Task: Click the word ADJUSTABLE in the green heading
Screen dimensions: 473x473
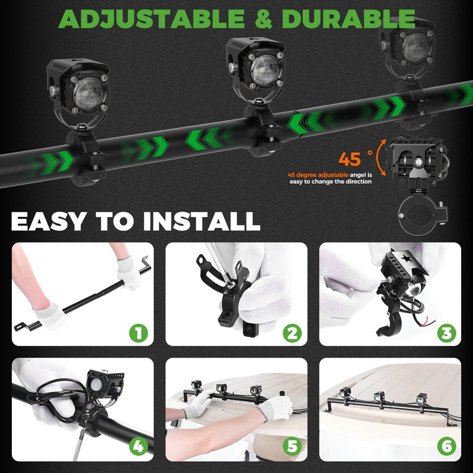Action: point(151,19)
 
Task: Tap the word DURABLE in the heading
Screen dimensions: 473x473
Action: point(348,19)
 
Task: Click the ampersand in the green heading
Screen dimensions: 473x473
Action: point(263,19)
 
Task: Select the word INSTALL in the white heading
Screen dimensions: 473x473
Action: point(202,221)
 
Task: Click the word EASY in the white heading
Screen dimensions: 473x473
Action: point(49,221)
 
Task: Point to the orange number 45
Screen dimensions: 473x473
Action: point(349,159)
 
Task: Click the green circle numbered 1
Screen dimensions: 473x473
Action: point(138,333)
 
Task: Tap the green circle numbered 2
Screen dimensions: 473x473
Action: point(292,333)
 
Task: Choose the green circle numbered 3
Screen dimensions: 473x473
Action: point(446,333)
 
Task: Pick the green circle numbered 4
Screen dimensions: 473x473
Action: point(138,446)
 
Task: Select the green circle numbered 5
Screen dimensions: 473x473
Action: point(292,446)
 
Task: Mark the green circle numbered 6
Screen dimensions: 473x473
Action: point(446,446)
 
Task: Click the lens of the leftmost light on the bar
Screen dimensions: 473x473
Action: point(90,94)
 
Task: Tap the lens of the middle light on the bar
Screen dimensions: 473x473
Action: point(267,70)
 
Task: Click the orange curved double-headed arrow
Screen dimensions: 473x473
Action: point(381,157)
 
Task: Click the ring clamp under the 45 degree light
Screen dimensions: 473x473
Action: point(422,215)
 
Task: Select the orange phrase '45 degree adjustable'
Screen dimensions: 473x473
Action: point(318,175)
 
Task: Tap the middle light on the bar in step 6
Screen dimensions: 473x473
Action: point(379,397)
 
